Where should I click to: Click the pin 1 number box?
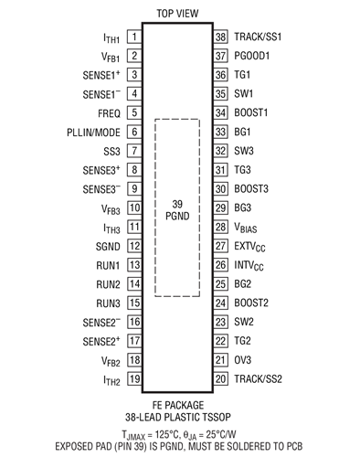pyautogui.click(x=134, y=37)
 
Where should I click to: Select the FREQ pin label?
pyautogui.click(x=106, y=113)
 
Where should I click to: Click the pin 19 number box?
pyautogui.click(x=134, y=379)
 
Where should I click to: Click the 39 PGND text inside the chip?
pyautogui.click(x=178, y=208)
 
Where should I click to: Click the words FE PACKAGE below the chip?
pyautogui.click(x=178, y=404)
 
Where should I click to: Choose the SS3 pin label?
pyautogui.click(x=110, y=151)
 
